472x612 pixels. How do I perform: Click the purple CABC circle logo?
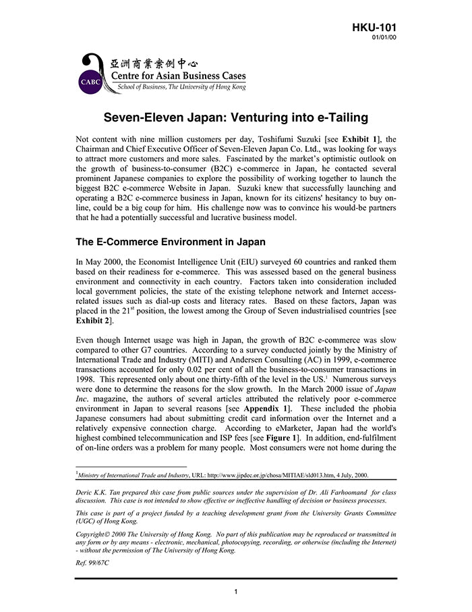click(x=91, y=82)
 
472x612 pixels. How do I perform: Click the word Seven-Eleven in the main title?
click(x=142, y=116)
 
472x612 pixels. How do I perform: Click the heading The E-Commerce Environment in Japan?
click(x=171, y=242)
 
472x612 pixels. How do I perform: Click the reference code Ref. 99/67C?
click(x=92, y=562)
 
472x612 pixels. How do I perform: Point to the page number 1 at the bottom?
click(x=236, y=592)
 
